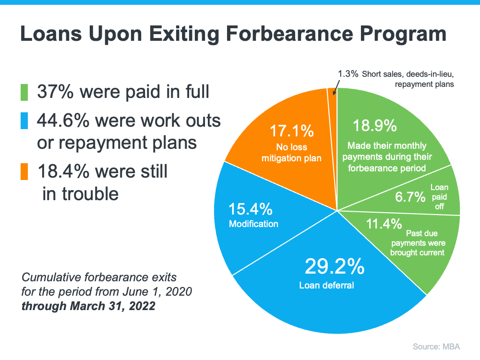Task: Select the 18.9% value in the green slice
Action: click(x=375, y=126)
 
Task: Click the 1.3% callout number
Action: click(x=348, y=74)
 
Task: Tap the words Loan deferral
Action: click(x=326, y=285)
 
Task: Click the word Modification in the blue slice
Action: click(x=253, y=224)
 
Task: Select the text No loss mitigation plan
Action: click(x=291, y=152)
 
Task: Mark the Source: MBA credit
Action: click(x=438, y=345)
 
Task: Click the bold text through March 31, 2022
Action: click(x=88, y=306)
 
